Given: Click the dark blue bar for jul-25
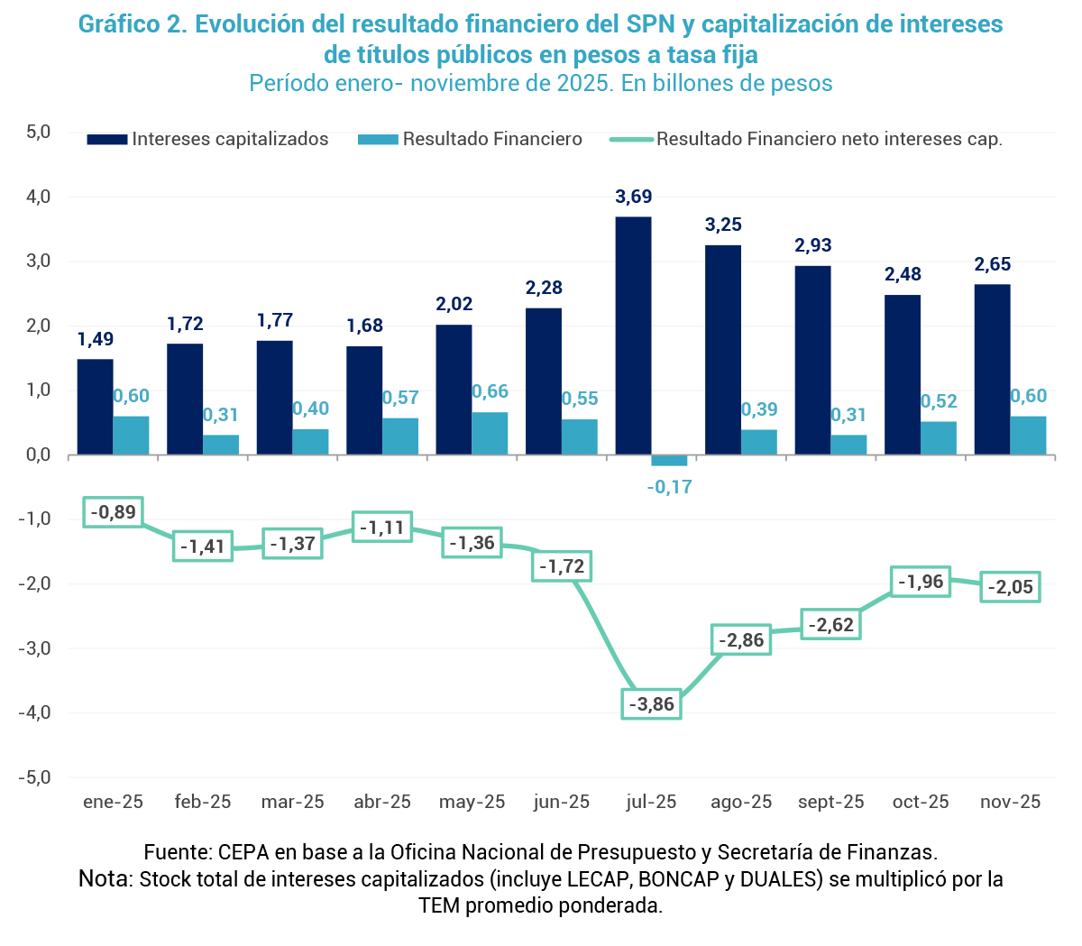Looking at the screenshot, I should [x=633, y=335].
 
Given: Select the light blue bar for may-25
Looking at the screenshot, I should [x=490, y=434].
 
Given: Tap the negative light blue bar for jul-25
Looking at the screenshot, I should [x=669, y=461].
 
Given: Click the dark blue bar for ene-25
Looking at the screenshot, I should [x=95, y=407].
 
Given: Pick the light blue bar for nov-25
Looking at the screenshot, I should [x=1028, y=436].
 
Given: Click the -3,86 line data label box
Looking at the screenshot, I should [x=651, y=704].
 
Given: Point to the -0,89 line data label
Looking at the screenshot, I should [x=113, y=512].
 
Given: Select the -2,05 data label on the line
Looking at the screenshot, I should [x=1010, y=587].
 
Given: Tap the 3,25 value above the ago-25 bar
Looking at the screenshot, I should [x=723, y=225].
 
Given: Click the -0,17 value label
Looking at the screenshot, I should [x=670, y=487].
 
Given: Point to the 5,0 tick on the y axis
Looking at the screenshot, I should [x=38, y=132].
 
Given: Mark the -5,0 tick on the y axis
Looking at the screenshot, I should [x=35, y=776].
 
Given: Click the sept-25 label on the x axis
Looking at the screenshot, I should [x=830, y=802].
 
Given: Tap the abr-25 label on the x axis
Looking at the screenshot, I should [x=382, y=802].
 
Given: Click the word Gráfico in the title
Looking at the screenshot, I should [x=118, y=24].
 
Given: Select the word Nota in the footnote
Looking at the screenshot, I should [x=105, y=878].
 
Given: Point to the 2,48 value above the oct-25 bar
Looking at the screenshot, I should [x=903, y=274].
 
